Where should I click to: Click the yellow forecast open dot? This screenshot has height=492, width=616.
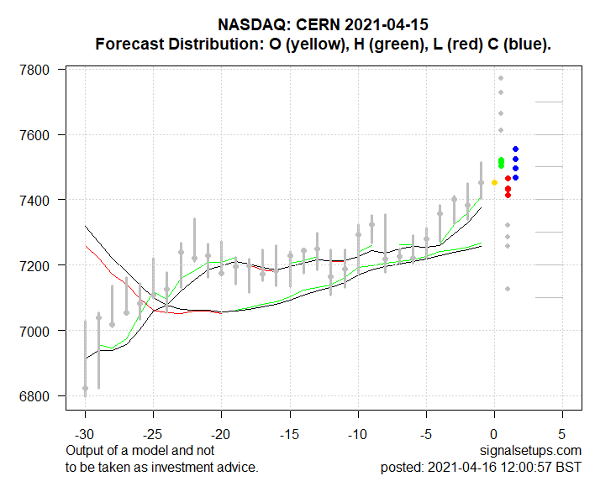point(494,182)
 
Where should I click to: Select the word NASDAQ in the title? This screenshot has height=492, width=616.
point(255,25)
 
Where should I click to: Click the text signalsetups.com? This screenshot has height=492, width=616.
point(533,451)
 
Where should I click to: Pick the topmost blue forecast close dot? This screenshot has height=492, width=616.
point(515,149)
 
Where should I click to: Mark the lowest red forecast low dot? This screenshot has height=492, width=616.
point(508,195)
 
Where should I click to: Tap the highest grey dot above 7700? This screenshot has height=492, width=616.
point(501,78)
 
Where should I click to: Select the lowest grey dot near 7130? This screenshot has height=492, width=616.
point(508,289)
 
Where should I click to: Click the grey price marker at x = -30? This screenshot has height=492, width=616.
point(85,388)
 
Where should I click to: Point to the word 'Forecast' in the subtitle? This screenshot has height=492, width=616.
point(126,44)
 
